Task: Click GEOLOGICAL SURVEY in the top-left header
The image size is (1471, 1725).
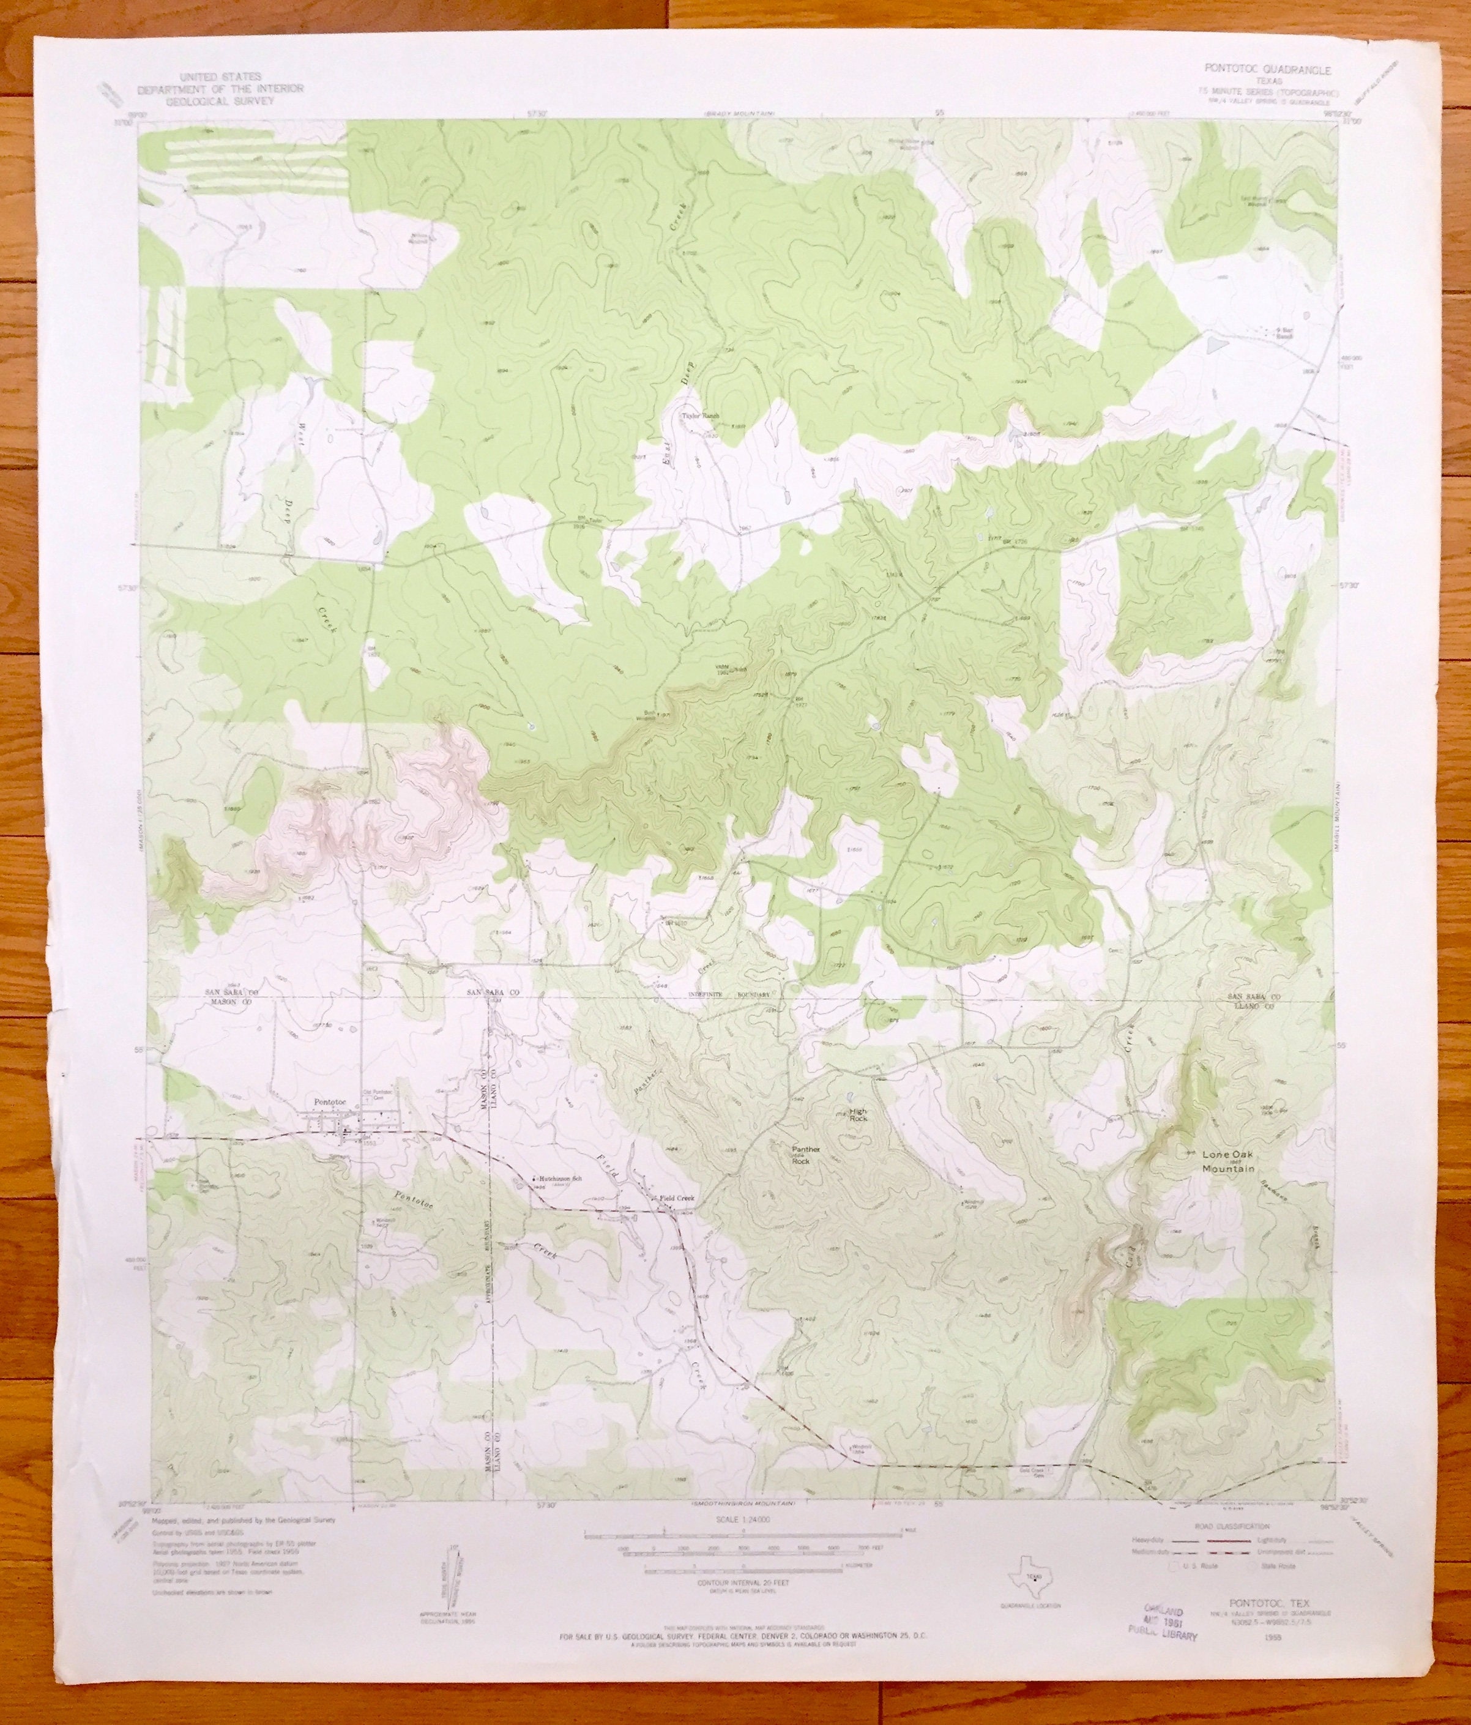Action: (221, 99)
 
